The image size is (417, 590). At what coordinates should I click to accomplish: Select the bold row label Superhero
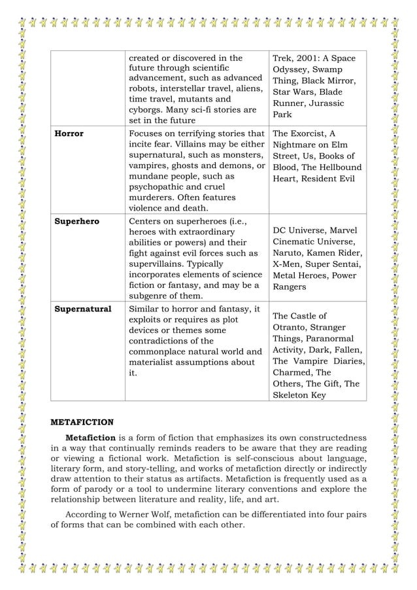click(76, 221)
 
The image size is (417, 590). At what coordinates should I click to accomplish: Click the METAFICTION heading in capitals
click(82, 422)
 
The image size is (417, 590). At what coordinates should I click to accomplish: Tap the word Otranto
click(291, 327)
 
